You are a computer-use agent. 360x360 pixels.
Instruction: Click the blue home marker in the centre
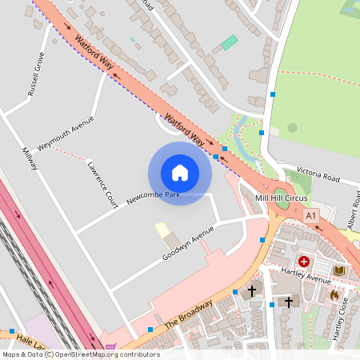tap(180, 173)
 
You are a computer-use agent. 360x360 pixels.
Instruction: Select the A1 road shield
tap(312, 215)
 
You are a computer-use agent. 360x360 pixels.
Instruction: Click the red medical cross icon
tap(304, 261)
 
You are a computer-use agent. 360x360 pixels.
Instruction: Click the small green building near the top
tap(229, 42)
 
